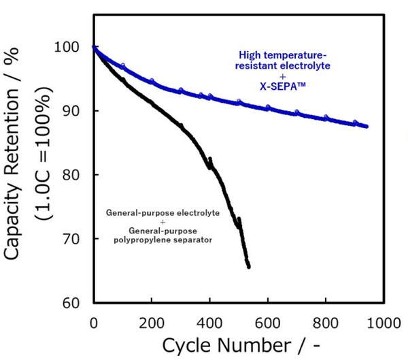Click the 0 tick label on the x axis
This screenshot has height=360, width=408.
click(93, 319)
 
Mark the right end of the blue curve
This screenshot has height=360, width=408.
click(367, 127)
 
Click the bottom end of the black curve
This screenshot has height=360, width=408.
click(249, 267)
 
